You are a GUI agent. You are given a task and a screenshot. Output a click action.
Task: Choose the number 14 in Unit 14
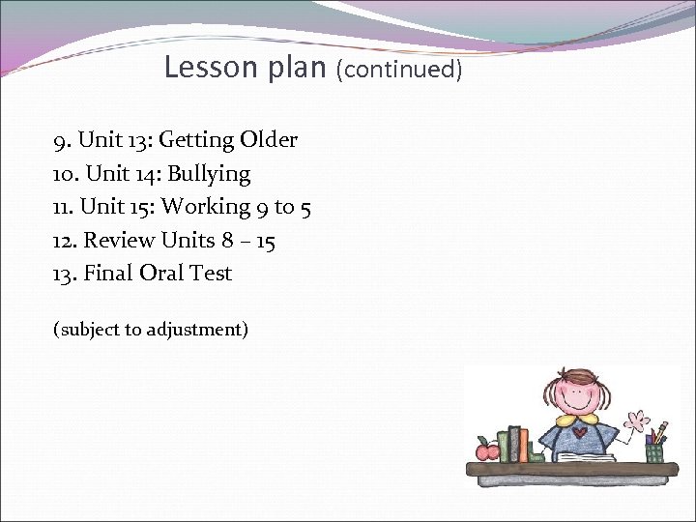(145, 174)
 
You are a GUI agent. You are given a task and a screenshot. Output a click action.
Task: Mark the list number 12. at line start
(65, 240)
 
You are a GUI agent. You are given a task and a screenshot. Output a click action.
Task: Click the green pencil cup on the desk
(654, 450)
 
